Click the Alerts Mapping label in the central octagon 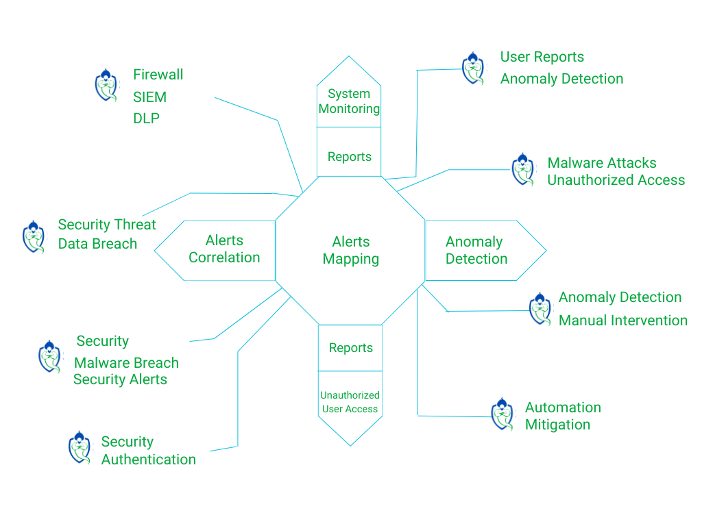(351, 250)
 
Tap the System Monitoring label (349, 101)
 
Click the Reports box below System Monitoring (349, 157)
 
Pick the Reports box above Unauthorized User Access (350, 348)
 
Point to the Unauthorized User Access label (350, 402)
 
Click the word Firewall (158, 74)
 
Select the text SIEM (149, 97)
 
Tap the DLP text (146, 118)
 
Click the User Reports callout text (542, 57)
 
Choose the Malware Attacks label (602, 163)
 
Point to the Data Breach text (97, 244)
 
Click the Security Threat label (107, 225)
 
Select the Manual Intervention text (623, 320)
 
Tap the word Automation (563, 408)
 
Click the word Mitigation (557, 425)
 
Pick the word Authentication (148, 460)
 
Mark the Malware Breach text (126, 363)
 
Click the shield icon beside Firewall (106, 85)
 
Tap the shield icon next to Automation (503, 414)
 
